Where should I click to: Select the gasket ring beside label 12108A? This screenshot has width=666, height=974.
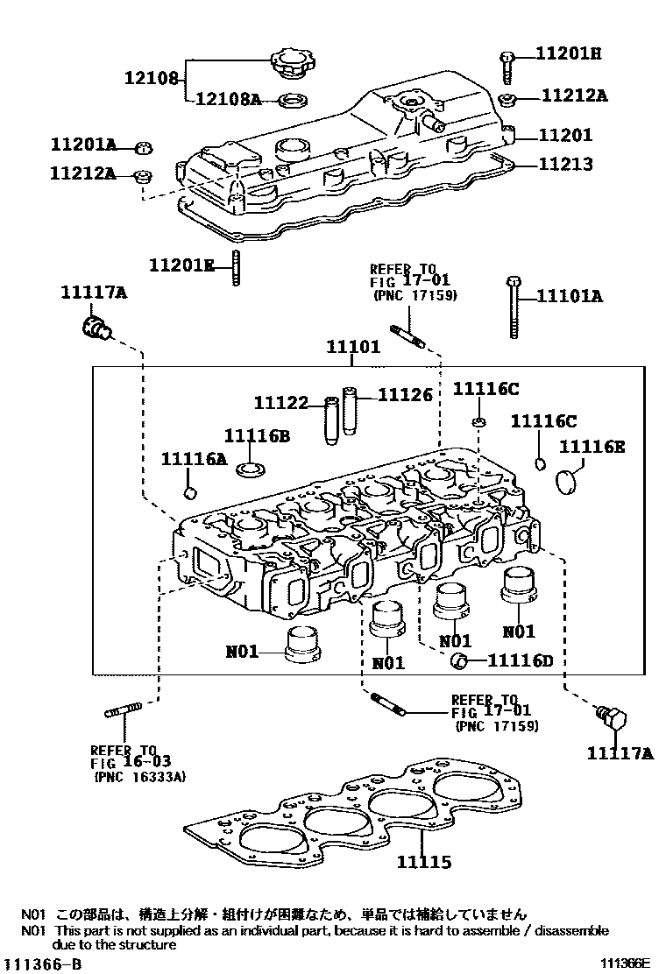[x=292, y=99]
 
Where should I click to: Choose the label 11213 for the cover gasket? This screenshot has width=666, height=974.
[x=564, y=164]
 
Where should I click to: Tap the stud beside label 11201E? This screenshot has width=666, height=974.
[x=237, y=266]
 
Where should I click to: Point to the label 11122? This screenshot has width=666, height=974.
[x=281, y=403]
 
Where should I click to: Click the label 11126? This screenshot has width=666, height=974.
[x=406, y=395]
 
